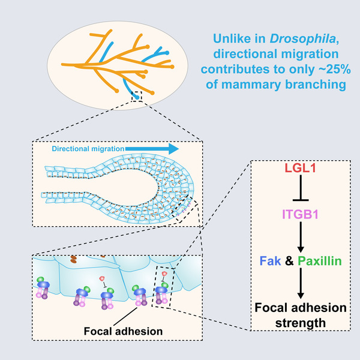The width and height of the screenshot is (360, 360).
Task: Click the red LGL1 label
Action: (301, 168)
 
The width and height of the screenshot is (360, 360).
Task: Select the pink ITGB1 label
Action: (301, 214)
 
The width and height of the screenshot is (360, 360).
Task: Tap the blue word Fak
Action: (270, 261)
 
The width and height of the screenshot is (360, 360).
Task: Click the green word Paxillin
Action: (320, 261)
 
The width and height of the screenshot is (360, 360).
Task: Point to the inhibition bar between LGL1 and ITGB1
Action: (301, 188)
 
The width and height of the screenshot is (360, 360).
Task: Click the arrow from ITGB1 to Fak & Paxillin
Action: (301, 237)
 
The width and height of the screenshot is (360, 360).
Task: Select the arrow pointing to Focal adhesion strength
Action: (301, 283)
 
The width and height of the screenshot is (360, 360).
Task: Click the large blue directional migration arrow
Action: (152, 149)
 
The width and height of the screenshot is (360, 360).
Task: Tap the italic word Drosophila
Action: (303, 38)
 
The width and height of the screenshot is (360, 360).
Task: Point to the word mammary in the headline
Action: (251, 85)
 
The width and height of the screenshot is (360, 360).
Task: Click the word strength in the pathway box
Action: (301, 323)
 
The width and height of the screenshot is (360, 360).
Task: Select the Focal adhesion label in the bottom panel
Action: (123, 331)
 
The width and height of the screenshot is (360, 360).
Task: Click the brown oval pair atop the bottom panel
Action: (73, 259)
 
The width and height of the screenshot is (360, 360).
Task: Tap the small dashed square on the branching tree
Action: (137, 97)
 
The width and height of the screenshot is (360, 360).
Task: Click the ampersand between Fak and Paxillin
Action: (289, 261)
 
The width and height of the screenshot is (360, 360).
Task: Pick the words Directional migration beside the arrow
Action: (88, 149)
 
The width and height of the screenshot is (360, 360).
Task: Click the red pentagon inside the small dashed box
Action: (164, 274)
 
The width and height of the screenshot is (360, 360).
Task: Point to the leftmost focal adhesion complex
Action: (43, 288)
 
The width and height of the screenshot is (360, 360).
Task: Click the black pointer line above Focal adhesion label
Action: (125, 317)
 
